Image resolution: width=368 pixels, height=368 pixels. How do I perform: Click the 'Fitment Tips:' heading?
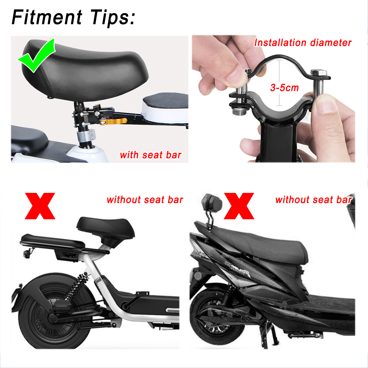pyautogui.click(x=73, y=17)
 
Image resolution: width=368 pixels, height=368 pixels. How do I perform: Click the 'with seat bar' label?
pyautogui.click(x=151, y=155)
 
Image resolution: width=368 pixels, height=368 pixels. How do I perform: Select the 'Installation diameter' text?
pyautogui.click(x=303, y=43)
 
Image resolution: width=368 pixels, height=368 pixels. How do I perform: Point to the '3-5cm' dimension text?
pyautogui.click(x=284, y=88)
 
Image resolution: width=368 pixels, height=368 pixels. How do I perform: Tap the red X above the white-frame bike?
pyautogui.click(x=40, y=206)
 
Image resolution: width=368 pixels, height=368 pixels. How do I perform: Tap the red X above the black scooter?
pyautogui.click(x=239, y=206)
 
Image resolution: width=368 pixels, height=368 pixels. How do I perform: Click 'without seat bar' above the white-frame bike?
pyautogui.click(x=145, y=200)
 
